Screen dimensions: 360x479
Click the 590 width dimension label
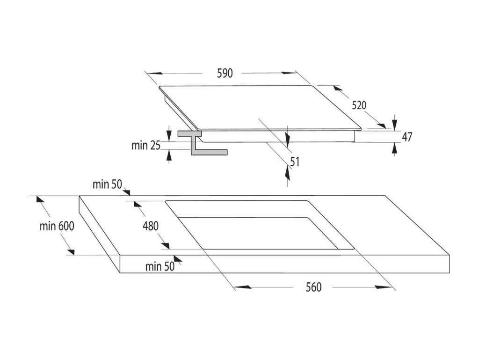(225, 73)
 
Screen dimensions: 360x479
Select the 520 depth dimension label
(359, 105)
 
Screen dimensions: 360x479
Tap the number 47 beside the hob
(407, 137)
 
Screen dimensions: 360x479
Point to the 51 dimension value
(294, 162)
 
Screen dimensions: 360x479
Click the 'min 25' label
(145, 145)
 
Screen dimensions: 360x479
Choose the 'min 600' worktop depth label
(57, 226)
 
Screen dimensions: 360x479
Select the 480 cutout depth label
(151, 226)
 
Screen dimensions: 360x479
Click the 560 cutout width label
(314, 287)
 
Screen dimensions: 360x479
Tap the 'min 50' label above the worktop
(107, 184)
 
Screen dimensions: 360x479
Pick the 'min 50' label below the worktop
(160, 267)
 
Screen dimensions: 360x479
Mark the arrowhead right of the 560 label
(384, 287)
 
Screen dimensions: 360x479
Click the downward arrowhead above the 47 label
(395, 123)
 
